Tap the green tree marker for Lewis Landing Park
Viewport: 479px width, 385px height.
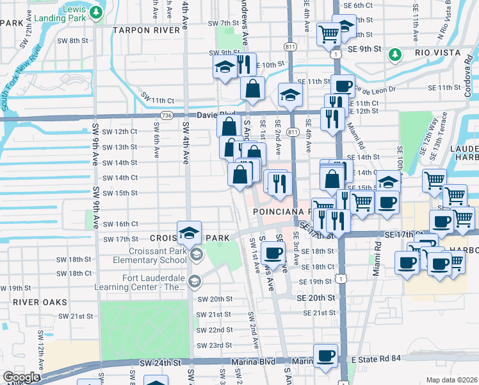click(95, 12)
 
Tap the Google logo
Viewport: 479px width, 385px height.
click(21, 377)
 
